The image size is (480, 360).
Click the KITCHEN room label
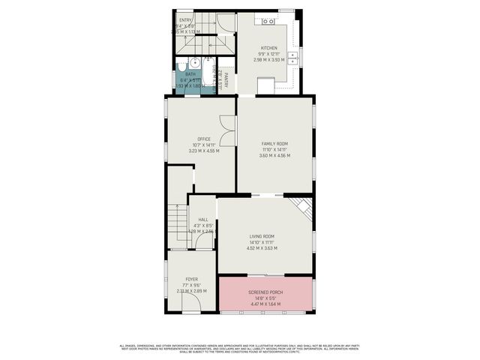(x=268, y=48)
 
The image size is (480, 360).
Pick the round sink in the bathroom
(x=193, y=63)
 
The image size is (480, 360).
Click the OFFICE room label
(x=203, y=139)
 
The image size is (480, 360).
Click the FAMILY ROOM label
(x=274, y=143)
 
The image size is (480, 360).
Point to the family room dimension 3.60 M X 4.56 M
(x=274, y=155)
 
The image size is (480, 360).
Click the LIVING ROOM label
(x=262, y=236)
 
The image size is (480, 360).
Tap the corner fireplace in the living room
(x=302, y=206)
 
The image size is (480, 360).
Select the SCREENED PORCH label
(x=265, y=292)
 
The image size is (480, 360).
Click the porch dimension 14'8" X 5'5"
(x=265, y=298)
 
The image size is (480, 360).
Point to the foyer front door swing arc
(x=191, y=301)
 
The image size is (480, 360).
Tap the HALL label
(x=203, y=219)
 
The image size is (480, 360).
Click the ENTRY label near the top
(x=186, y=20)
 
